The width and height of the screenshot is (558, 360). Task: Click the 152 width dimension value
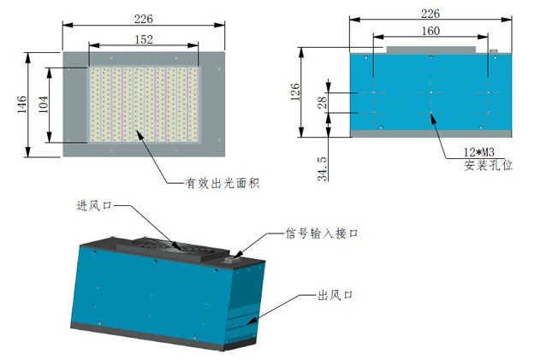[x=143, y=38]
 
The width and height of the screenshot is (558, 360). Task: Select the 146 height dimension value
[x=22, y=103]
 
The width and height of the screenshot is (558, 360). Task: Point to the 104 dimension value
[x=43, y=105]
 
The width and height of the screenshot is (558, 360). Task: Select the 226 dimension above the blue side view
[x=430, y=14]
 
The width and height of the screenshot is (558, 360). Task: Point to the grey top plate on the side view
[x=430, y=50]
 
